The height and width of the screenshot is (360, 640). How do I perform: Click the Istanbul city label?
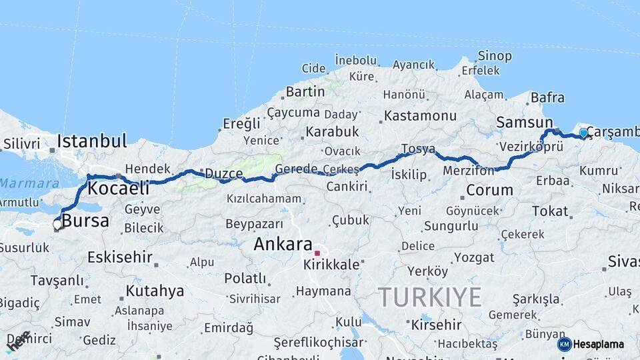point(91,141)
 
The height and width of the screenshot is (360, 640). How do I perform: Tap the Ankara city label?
point(283,244)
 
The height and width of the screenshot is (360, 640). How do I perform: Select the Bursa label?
point(85,221)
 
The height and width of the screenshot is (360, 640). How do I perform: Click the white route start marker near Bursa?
point(57,225)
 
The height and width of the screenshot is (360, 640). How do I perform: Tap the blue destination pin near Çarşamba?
point(584,133)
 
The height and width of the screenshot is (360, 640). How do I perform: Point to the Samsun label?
point(525,123)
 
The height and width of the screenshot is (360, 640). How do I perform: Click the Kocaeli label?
point(118,188)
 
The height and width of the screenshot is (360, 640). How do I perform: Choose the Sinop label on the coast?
point(495,56)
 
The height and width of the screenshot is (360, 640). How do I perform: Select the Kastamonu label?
point(420,115)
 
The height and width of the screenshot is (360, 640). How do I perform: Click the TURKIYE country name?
point(429,297)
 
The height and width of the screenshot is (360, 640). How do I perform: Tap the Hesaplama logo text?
point(598,345)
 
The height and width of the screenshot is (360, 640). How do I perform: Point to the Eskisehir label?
point(120,257)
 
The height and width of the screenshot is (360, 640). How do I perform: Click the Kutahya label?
point(155,291)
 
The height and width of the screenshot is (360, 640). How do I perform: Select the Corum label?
point(489,190)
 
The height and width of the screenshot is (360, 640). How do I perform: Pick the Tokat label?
point(549,211)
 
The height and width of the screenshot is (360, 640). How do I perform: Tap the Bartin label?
point(305,91)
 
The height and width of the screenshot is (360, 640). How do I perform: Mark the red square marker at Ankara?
point(318,253)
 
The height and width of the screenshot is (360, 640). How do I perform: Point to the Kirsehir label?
point(436,325)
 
